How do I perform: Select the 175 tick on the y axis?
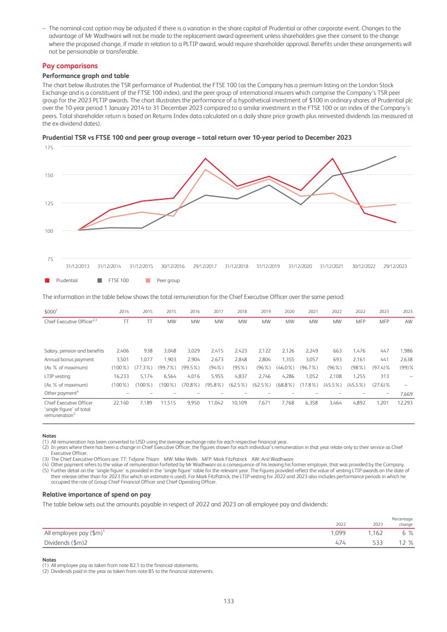[x=49, y=147]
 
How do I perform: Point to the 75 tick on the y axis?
[x=50, y=259]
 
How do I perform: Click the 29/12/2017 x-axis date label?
[x=205, y=266]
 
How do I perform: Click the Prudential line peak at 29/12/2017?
[x=206, y=158]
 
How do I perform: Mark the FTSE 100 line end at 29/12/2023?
[x=396, y=157]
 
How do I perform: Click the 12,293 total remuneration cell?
[x=404, y=403]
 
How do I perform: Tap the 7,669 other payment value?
[x=405, y=394]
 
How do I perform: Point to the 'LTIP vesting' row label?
[x=57, y=376]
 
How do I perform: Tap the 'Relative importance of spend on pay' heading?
[x=96, y=494]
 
